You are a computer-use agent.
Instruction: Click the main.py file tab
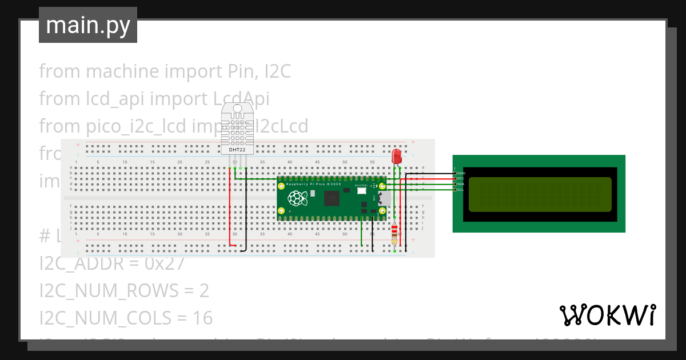[x=87, y=25]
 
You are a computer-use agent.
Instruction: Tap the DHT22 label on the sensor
[x=238, y=150]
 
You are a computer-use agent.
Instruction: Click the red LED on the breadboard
[x=396, y=156]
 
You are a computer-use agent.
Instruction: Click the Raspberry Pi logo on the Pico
[x=296, y=199]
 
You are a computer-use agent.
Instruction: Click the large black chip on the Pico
[x=332, y=198]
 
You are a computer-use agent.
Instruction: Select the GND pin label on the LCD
[x=461, y=173]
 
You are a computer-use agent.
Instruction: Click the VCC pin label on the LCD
[x=461, y=178]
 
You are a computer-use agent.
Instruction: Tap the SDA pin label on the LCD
[x=461, y=184]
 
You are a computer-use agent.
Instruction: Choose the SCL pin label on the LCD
[x=461, y=189]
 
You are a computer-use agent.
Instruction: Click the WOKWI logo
[x=607, y=315]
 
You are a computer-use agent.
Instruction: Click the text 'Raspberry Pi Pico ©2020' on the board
[x=313, y=184]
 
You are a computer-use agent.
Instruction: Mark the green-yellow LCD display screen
[x=540, y=194]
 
